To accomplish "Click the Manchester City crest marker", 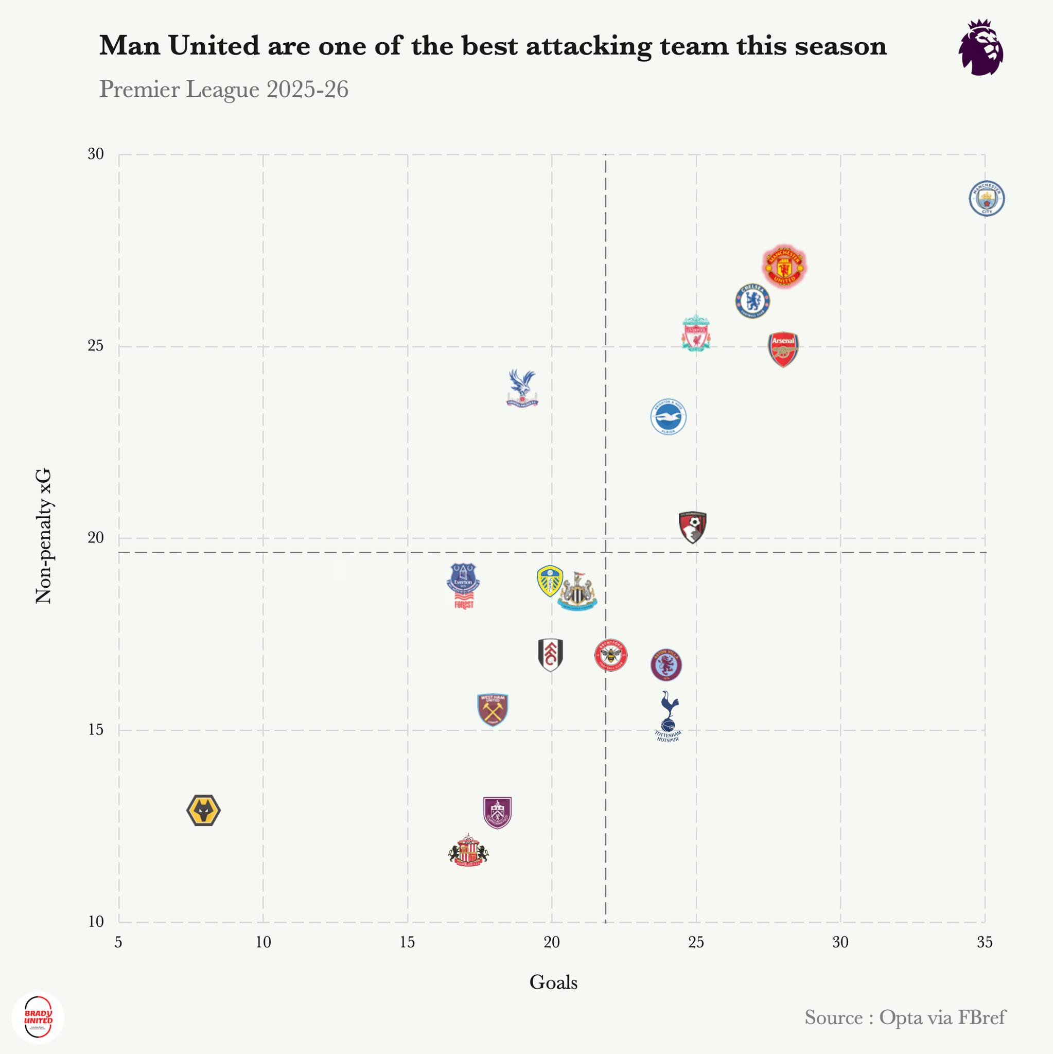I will [x=987, y=199].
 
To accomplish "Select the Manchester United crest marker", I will [x=784, y=267].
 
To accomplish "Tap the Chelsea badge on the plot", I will [x=752, y=301].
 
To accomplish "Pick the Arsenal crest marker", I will [x=783, y=348].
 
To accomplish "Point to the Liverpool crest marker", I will [x=696, y=333].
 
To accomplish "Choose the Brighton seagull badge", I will [x=669, y=417].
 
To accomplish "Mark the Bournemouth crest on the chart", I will [x=692, y=527].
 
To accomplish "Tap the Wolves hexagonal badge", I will [x=203, y=810].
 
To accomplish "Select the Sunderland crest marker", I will [x=468, y=851].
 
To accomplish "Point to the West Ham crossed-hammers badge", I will [x=493, y=709].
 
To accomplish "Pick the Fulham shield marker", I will [x=550, y=655].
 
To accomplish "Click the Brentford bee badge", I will [x=611, y=655].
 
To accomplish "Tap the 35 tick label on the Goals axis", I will [x=985, y=942].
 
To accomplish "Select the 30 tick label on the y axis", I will [x=96, y=154].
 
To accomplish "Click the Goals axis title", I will [x=553, y=982].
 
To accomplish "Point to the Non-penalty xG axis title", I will [x=43, y=536].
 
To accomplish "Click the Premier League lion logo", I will [x=981, y=47].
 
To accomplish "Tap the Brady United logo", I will [x=38, y=1017].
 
